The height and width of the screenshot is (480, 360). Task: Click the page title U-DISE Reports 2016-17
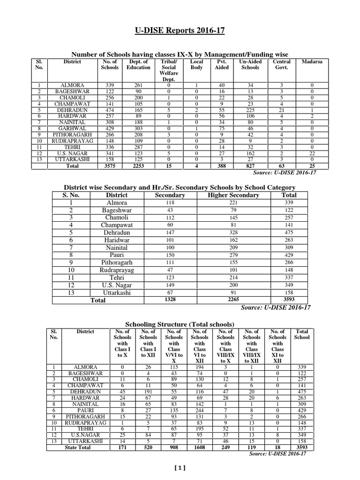[180, 30]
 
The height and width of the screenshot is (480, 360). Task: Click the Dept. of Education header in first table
[138, 65]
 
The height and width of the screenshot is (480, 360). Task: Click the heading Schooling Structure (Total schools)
[180, 325]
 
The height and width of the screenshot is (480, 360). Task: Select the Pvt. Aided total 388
[221, 166]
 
